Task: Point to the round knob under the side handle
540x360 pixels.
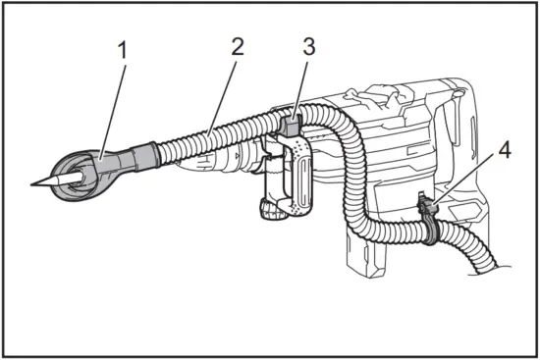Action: pos(268,210)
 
